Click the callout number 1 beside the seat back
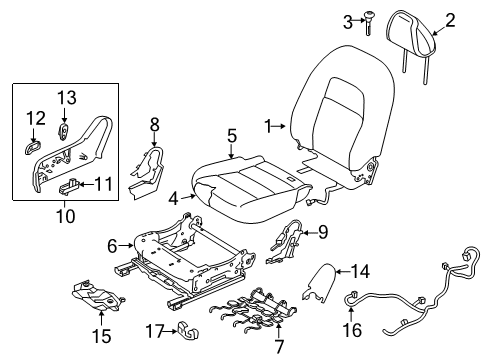267,125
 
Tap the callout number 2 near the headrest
450,18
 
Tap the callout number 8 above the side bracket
154,125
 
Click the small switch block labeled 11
73,184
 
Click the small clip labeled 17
186,330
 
